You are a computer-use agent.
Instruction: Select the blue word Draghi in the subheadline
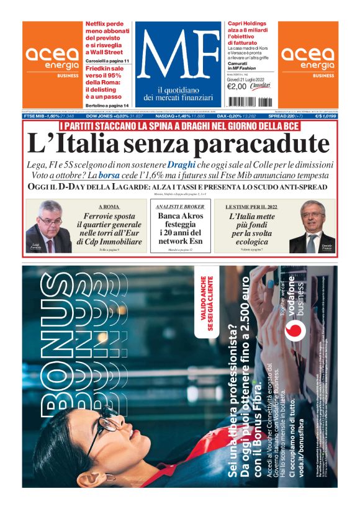tap(181, 165)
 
